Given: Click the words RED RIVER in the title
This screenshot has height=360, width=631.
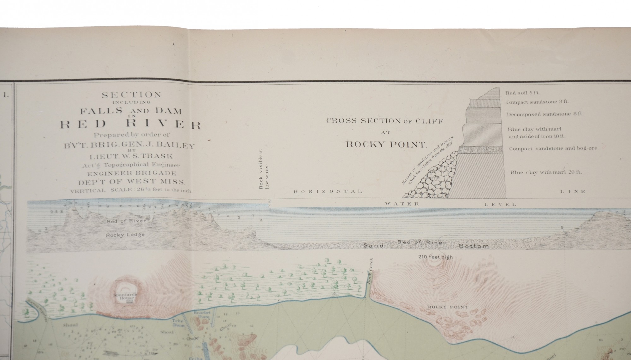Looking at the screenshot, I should click(130, 125).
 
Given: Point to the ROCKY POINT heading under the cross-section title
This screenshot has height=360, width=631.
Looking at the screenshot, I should click(386, 145).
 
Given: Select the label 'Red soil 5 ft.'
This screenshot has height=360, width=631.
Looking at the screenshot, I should click(522, 93).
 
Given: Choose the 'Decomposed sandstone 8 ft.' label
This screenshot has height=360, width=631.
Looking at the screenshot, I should click(545, 114).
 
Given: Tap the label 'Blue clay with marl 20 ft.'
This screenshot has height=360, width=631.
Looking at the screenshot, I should click(546, 172).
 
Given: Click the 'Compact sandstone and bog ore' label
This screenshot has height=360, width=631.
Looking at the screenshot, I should click(553, 148).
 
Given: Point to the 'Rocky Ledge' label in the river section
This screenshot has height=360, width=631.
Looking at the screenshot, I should click(125, 235).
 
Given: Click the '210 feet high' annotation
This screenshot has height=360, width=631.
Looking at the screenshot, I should click(435, 257).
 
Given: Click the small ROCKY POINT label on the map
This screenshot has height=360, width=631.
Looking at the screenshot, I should click(448, 307).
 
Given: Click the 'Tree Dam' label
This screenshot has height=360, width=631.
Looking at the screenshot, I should click(177, 322).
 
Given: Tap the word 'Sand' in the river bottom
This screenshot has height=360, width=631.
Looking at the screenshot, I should click(373, 245).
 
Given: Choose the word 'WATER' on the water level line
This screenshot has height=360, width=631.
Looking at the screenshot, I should click(402, 204).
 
